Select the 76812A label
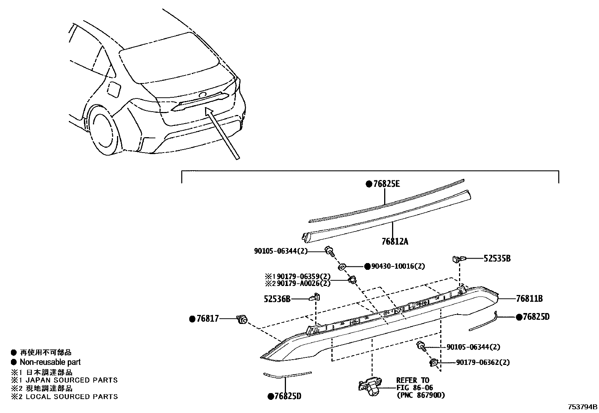point(395,242)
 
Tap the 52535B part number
point(497,259)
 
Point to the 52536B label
point(278,299)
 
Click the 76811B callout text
point(529,299)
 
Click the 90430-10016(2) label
point(398,266)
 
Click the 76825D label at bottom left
point(287,396)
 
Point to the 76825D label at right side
point(536,317)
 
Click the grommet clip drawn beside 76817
point(242,320)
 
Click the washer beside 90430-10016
point(342,266)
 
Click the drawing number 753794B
point(582,407)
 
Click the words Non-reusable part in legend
point(50,362)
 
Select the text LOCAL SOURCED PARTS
point(71,396)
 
